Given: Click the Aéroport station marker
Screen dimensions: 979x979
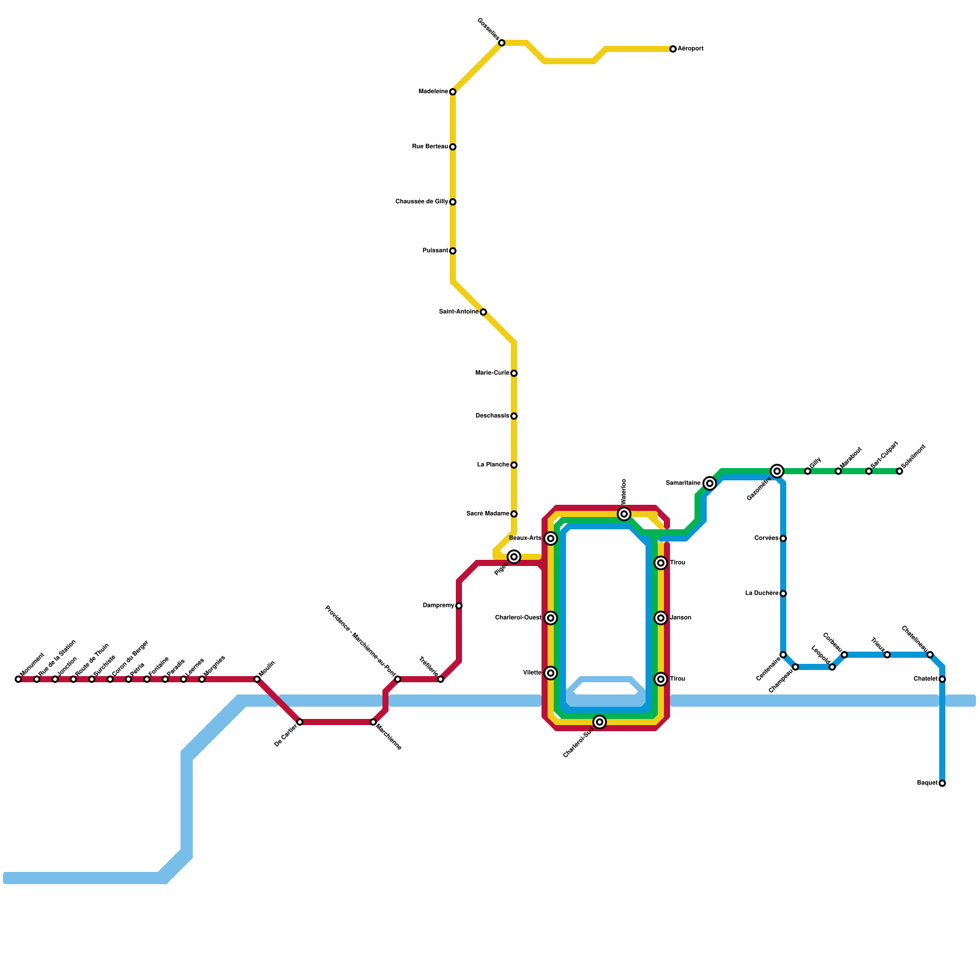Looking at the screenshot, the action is point(673,49).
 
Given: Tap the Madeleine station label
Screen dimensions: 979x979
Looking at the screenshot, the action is point(433,92).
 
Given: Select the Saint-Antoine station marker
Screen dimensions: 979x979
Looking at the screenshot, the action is point(483,312).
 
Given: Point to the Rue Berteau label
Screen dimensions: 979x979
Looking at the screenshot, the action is point(430,147).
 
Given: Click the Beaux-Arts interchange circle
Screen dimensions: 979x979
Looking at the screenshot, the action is point(551,538).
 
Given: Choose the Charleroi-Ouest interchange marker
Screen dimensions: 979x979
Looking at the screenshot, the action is point(551,618).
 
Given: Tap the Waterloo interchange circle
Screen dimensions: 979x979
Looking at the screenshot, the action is point(624,514).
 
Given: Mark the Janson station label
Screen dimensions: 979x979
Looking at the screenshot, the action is point(680,618).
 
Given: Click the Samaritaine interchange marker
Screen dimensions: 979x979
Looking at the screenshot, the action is point(710,483).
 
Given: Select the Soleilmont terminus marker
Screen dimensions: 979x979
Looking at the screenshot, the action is point(899,471).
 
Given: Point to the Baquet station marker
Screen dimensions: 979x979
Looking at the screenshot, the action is point(942,783).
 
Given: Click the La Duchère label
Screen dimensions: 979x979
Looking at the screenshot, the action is point(762,594).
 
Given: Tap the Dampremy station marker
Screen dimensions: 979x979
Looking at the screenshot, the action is point(459,606).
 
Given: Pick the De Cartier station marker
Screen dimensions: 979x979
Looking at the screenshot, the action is point(300,722).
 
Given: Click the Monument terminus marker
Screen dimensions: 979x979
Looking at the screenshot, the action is point(18,679).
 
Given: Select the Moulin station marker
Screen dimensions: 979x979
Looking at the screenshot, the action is point(257,679).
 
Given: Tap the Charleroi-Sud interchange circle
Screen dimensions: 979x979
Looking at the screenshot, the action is point(600,722).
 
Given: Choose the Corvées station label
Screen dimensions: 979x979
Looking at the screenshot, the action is point(766,538).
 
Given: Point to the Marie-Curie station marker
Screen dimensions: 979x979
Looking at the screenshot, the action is point(514,373).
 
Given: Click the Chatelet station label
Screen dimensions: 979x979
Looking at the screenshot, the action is point(925,679).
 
